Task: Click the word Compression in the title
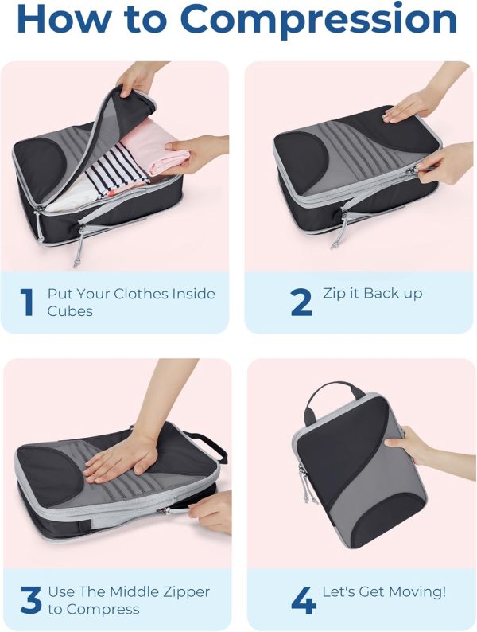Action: (x=319, y=20)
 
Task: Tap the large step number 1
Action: (x=27, y=302)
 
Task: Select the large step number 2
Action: (x=301, y=302)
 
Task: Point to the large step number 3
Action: (x=30, y=600)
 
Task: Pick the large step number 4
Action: (x=303, y=600)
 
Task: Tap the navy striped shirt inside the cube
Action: (x=117, y=171)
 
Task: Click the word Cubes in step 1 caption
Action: (x=70, y=311)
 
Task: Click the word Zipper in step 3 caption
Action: (x=186, y=591)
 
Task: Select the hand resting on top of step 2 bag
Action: (x=415, y=105)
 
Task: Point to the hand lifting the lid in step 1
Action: (x=139, y=79)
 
